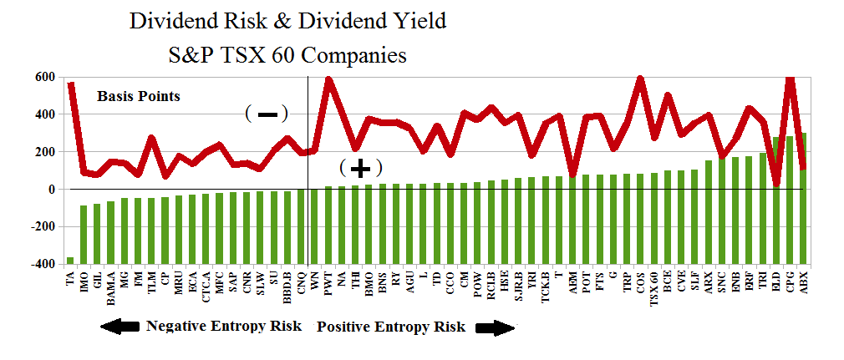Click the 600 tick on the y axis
click(x=44, y=78)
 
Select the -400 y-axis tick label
click(x=42, y=265)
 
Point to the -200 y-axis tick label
click(x=42, y=226)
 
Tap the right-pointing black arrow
click(x=495, y=327)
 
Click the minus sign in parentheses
click(x=267, y=113)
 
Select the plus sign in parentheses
click(x=361, y=168)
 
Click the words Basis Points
click(x=139, y=96)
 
